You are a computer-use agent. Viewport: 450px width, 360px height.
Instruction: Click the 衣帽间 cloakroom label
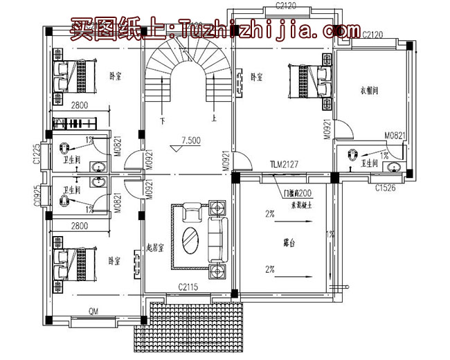coord(369,90)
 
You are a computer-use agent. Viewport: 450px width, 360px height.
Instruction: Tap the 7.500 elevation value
coord(190,140)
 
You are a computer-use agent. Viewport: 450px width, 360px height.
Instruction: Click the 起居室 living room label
coord(154,248)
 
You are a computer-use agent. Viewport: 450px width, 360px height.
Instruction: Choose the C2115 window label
coord(188,287)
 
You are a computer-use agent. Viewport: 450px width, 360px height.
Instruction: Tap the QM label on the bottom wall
coord(93,312)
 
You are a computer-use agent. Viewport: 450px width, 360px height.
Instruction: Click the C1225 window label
coord(35,154)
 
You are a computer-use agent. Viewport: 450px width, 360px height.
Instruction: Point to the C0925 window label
coord(35,196)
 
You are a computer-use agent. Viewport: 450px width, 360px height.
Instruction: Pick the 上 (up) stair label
coord(213,118)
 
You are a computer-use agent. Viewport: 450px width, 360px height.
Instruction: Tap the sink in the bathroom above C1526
coord(396,167)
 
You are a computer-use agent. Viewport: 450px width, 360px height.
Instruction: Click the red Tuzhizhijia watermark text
coord(215,30)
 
